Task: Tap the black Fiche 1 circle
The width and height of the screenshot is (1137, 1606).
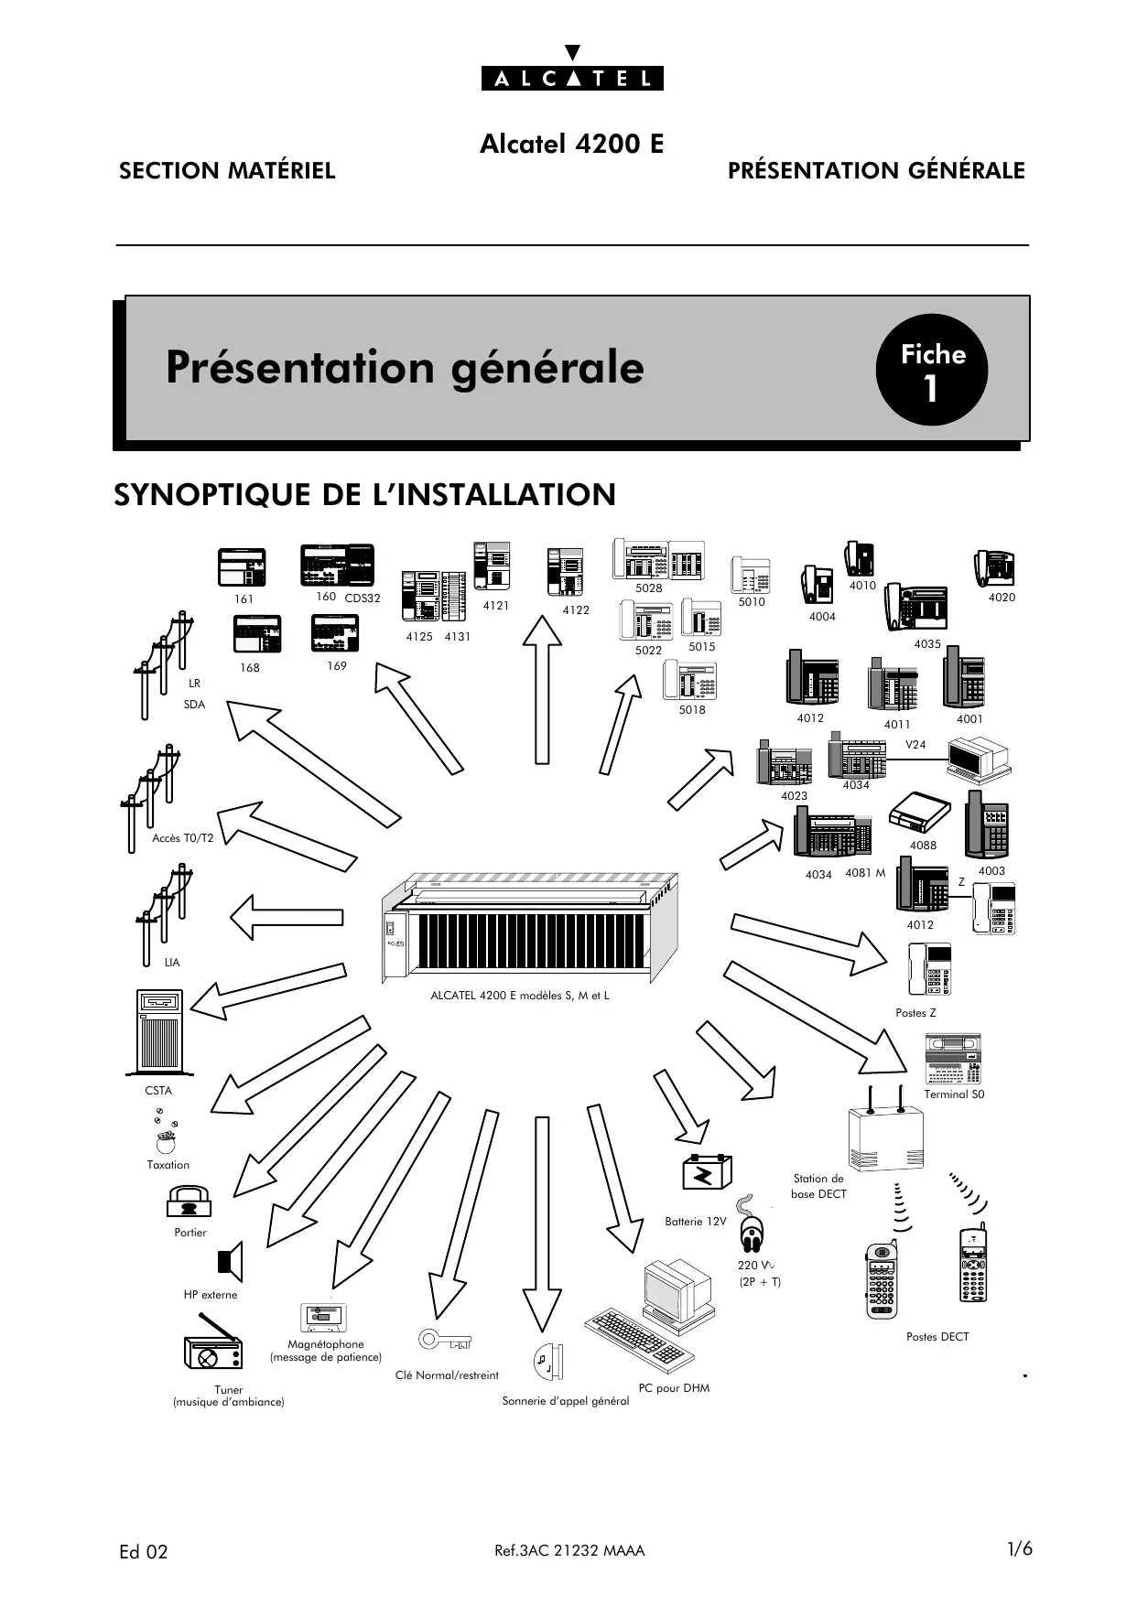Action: tap(931, 370)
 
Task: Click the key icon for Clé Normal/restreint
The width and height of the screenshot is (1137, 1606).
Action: tap(444, 1341)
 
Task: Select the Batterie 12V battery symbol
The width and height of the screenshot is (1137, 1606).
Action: tap(708, 1173)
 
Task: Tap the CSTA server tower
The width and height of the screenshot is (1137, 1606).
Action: tap(159, 1031)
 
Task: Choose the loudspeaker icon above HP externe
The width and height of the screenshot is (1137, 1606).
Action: tap(231, 1261)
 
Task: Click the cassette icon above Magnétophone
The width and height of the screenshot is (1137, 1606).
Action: tap(323, 1318)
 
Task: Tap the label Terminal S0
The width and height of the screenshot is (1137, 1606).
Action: tap(954, 1094)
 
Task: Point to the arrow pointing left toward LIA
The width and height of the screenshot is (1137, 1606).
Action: tap(286, 917)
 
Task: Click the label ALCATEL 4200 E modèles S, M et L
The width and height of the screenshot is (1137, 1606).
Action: tap(519, 996)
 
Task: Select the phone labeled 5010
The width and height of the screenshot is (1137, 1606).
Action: tap(751, 576)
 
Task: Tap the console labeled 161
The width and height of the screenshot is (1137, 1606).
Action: tap(242, 567)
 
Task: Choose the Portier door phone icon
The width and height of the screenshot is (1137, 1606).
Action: tap(189, 1202)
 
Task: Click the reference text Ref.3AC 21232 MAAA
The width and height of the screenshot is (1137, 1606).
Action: tap(569, 1550)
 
